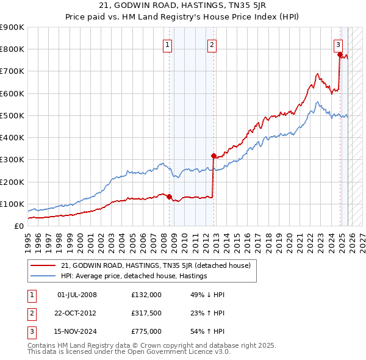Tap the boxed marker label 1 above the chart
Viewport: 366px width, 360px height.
pyautogui.click(x=167, y=44)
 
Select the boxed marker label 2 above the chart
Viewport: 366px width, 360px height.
pyautogui.click(x=211, y=44)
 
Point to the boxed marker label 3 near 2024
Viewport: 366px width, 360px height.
pyautogui.click(x=337, y=44)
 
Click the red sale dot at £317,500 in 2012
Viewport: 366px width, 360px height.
pyautogui.click(x=213, y=156)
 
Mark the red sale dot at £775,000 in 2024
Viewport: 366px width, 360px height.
pyautogui.click(x=340, y=54)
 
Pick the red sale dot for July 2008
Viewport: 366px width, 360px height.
pyautogui.click(x=169, y=196)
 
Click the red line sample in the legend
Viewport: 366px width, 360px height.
pyautogui.click(x=43, y=265)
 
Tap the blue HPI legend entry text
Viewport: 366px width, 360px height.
pyautogui.click(x=134, y=276)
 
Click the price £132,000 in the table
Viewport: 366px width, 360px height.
pyautogui.click(x=146, y=295)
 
